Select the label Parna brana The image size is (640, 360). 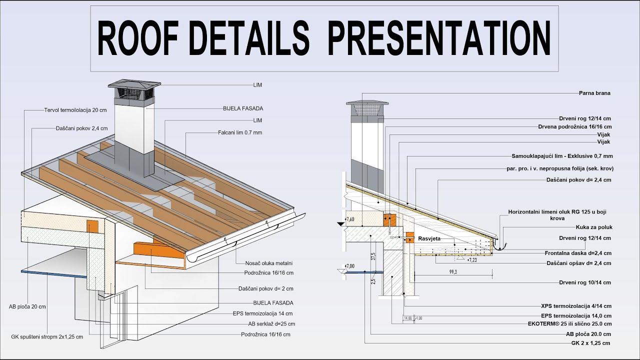click(x=594, y=93)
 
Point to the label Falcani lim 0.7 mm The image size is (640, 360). click(x=240, y=132)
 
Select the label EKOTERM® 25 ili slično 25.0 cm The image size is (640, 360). click(x=569, y=324)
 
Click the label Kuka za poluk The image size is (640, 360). click(x=594, y=227)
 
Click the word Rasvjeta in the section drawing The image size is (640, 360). click(x=429, y=239)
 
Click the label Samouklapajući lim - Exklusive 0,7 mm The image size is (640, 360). click(x=562, y=156)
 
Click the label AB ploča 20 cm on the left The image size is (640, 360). click(x=27, y=306)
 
